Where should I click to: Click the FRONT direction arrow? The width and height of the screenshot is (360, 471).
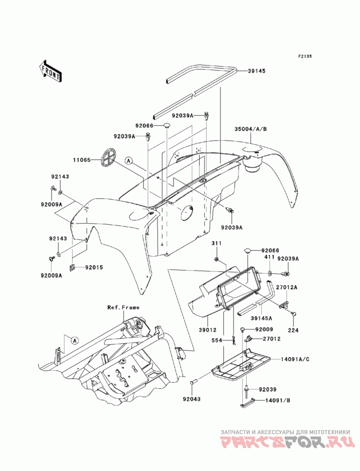coord(50,71)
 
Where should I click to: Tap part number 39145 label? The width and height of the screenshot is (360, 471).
coord(256,71)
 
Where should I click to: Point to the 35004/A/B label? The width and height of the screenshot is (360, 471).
coord(251,129)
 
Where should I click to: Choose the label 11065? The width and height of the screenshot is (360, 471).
coord(81,160)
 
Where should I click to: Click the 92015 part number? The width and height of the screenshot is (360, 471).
coord(94,267)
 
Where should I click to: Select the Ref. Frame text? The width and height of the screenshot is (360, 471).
coord(123,307)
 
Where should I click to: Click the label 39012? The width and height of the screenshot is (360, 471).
coord(207,330)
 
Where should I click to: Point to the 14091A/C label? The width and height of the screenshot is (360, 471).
coord(295,359)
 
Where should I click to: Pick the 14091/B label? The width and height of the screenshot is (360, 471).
coord(278,400)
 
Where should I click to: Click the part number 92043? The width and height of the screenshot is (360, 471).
coord(191,399)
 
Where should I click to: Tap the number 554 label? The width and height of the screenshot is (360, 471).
coord(216,341)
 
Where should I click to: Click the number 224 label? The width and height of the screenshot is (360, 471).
coord(293,330)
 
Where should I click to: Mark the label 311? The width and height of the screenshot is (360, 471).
coord(216,243)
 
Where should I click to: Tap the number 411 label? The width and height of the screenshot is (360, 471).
coord(270,258)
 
